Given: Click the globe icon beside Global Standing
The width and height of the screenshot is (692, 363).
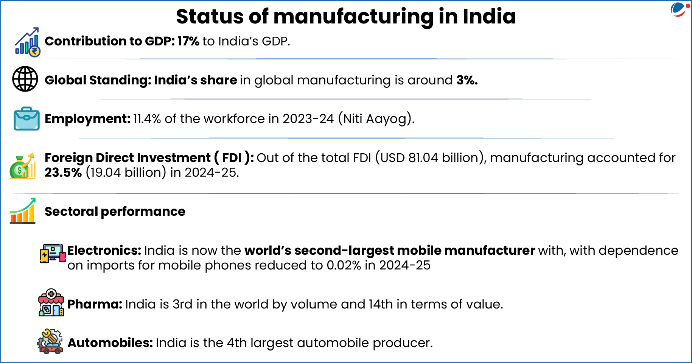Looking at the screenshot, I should click(x=25, y=79).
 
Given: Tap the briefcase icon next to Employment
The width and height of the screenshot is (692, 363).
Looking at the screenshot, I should click(x=26, y=118).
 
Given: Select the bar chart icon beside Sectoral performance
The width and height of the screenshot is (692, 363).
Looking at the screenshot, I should click(x=23, y=211).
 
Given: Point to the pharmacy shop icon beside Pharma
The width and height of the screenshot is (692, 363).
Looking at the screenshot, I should click(x=51, y=303).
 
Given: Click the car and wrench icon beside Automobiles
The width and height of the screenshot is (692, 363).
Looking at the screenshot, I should click(x=50, y=341).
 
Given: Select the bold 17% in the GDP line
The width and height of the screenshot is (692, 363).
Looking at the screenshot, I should click(x=188, y=41).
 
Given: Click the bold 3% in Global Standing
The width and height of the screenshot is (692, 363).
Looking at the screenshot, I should click(x=467, y=80).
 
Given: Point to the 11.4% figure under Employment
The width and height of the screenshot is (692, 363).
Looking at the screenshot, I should click(x=147, y=119).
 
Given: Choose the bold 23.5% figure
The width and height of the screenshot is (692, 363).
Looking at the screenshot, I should click(x=63, y=173).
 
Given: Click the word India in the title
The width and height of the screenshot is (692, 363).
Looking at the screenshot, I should click(x=489, y=17).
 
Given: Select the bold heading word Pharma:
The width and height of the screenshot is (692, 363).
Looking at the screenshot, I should click(x=95, y=304).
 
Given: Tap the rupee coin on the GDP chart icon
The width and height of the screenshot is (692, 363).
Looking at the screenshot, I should click(x=34, y=51).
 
